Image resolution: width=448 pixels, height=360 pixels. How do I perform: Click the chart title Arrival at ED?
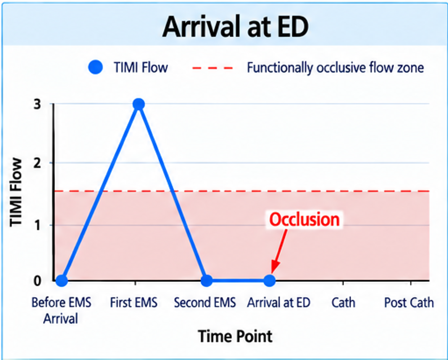[x=235, y=27]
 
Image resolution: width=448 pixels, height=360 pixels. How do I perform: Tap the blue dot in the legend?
[x=95, y=67]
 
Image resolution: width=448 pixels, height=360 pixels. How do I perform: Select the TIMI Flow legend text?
[x=141, y=68]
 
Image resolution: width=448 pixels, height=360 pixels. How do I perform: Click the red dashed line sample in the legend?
[x=213, y=68]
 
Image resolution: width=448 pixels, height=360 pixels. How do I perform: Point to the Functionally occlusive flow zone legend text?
[x=335, y=68]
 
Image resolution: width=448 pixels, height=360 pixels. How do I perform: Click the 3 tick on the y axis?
[x=37, y=104]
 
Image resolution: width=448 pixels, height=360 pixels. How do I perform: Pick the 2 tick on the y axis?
[x=37, y=163]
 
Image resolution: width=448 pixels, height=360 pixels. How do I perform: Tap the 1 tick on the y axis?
[x=38, y=225]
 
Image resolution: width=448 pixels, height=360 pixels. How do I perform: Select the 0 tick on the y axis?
[x=37, y=281]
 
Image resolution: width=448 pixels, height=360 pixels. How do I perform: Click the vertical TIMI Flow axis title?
[x=16, y=193]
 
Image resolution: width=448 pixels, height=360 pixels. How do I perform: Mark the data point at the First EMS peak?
[x=138, y=104]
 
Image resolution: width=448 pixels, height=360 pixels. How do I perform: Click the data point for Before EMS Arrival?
[x=62, y=281]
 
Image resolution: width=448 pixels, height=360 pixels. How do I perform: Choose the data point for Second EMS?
[x=207, y=281]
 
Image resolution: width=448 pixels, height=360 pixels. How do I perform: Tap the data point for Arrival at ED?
[x=269, y=281]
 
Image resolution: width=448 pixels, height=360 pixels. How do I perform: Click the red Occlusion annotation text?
[x=305, y=220]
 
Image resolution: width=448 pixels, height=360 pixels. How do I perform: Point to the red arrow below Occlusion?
[x=279, y=252]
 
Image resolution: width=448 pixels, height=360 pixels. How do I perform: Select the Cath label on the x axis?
[x=343, y=303]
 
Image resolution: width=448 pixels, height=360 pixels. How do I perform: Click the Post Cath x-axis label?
[x=409, y=303]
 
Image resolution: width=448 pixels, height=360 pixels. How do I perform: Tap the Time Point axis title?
[x=235, y=336]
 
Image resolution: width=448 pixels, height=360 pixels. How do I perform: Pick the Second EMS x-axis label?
[x=205, y=303]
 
